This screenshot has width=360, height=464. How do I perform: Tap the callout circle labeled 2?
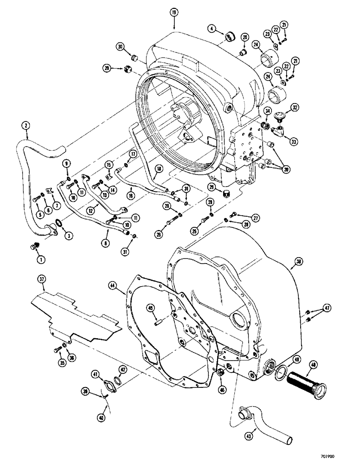click(26, 125)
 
